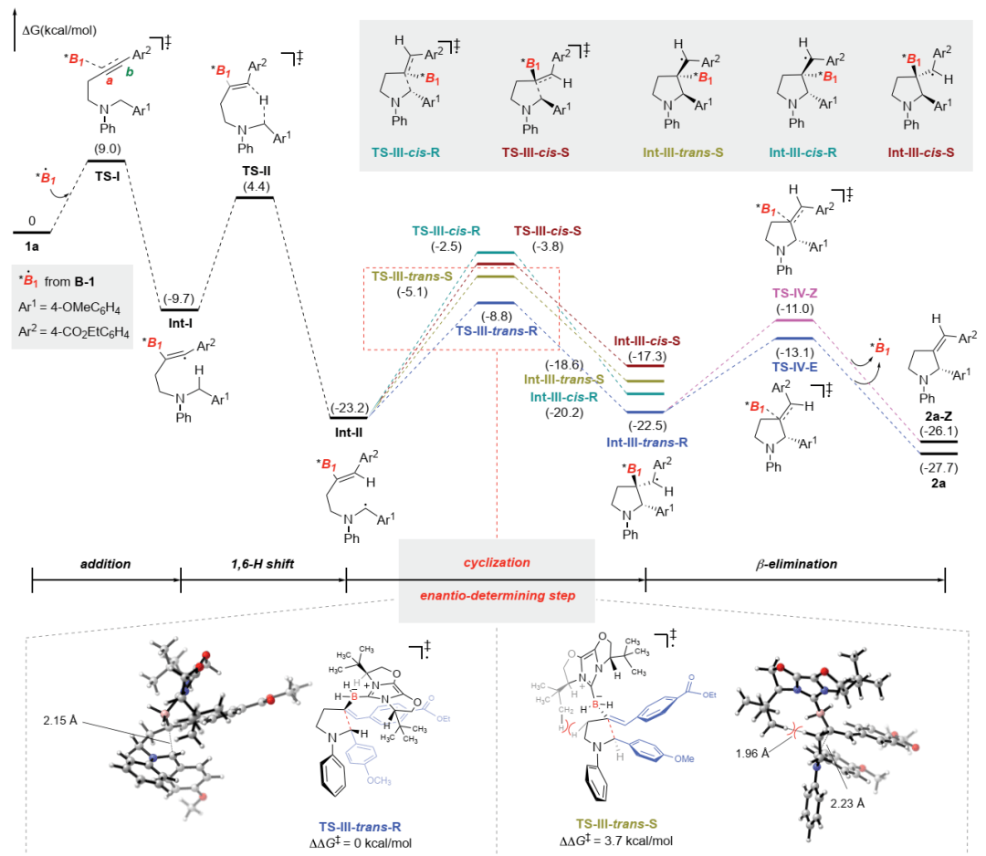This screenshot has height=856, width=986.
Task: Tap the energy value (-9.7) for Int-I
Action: pos(180,273)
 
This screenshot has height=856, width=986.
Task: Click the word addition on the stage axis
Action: pos(105,564)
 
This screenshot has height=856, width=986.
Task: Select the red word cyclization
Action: pos(496,564)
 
